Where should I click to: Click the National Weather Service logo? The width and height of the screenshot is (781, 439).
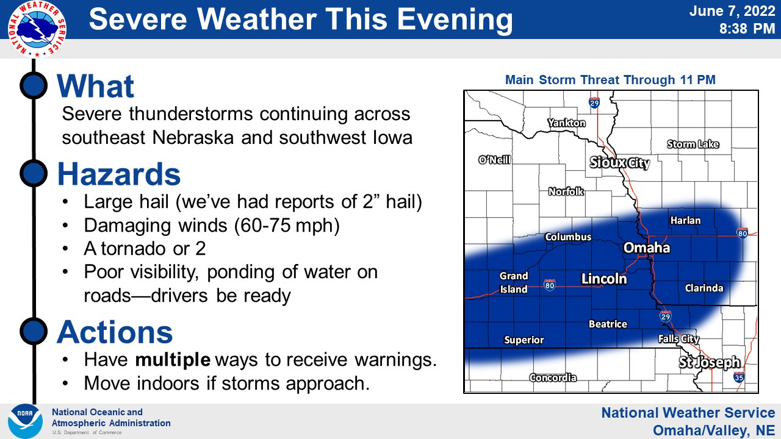(x=37, y=29)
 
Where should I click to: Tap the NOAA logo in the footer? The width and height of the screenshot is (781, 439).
(x=25, y=421)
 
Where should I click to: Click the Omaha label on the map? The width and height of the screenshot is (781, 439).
(x=646, y=248)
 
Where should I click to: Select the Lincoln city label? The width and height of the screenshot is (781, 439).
(x=603, y=279)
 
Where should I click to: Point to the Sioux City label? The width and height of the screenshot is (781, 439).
(x=619, y=163)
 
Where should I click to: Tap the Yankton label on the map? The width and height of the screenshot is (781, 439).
(x=566, y=123)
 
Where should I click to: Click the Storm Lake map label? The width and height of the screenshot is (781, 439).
(x=693, y=145)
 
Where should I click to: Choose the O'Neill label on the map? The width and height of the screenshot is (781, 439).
(x=494, y=160)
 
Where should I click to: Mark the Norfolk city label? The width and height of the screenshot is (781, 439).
(x=566, y=191)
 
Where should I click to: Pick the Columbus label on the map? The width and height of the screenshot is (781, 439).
(x=567, y=237)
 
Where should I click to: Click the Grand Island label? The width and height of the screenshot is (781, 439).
(x=514, y=283)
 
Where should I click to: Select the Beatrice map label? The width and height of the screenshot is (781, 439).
(x=607, y=324)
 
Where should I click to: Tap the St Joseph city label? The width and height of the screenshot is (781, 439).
(x=710, y=363)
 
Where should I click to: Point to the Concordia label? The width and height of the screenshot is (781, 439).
(x=553, y=377)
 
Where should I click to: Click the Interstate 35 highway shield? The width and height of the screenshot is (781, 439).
(x=738, y=377)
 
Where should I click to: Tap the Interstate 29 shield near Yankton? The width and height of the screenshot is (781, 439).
(x=594, y=103)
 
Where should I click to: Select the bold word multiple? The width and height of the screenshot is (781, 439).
(x=173, y=360)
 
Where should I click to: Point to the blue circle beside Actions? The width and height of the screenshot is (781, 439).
(x=34, y=331)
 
